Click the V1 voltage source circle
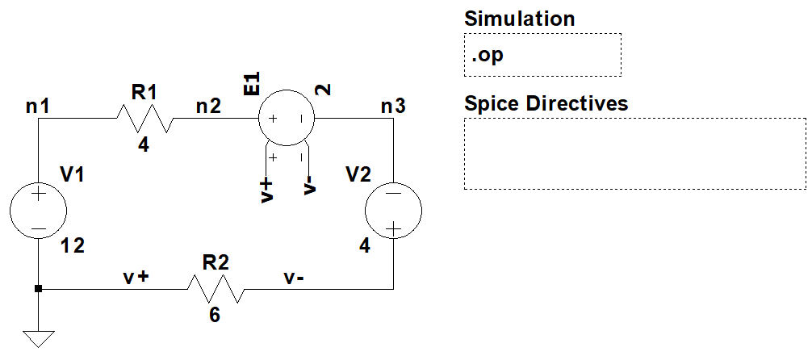pyautogui.click(x=38, y=212)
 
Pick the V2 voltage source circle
pyautogui.click(x=393, y=212)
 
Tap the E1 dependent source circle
pyautogui.click(x=287, y=119)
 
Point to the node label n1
pyautogui.click(x=38, y=105)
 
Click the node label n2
pyautogui.click(x=208, y=105)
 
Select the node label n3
pyautogui.click(x=393, y=105)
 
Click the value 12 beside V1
pyautogui.click(x=73, y=246)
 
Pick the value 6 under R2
pyautogui.click(x=214, y=316)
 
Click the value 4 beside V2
pyautogui.click(x=365, y=246)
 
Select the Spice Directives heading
pyautogui.click(x=546, y=103)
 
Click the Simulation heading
pyautogui.click(x=520, y=19)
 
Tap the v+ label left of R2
pyautogui.click(x=136, y=277)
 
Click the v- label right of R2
pyautogui.click(x=294, y=277)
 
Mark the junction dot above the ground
pyautogui.click(x=38, y=288)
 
